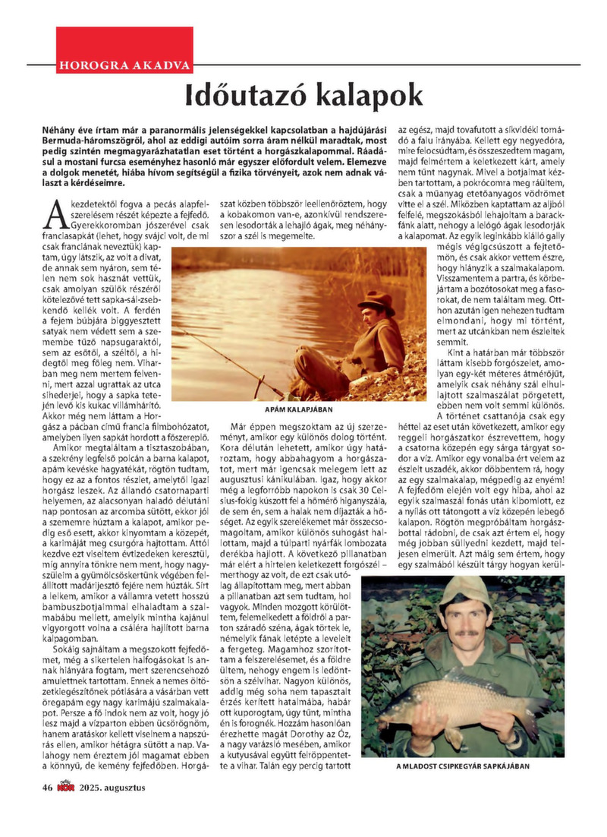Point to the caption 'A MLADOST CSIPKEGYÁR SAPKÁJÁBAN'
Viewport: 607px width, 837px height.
click(x=463, y=766)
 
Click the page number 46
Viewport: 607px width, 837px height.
click(x=46, y=788)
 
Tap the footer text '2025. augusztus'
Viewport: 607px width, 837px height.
click(x=115, y=788)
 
